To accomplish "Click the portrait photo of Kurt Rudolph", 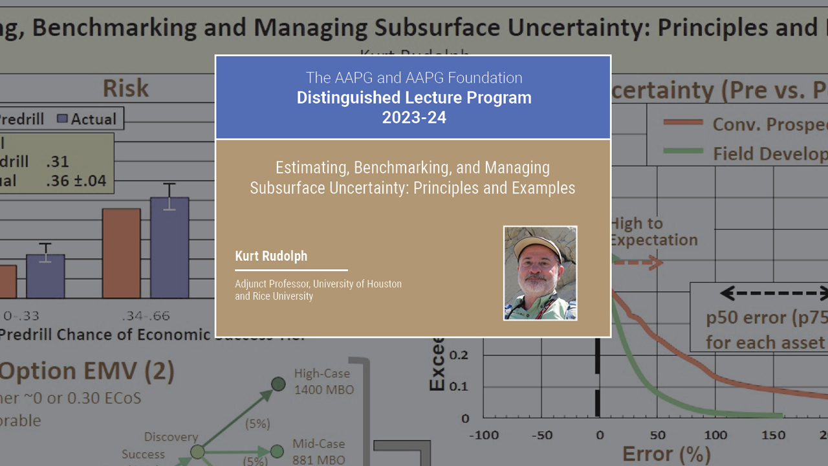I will (x=540, y=273).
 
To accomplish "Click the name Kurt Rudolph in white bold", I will (x=271, y=256).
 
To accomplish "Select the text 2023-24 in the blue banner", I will (x=414, y=117).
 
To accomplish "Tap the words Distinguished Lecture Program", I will (x=414, y=98).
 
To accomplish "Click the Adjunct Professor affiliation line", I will (x=318, y=284).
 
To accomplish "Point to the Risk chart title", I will (x=125, y=88).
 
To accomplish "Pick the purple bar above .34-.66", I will (x=169, y=247).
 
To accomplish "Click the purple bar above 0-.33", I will (x=45, y=276).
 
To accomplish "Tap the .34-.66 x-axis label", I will (x=146, y=316).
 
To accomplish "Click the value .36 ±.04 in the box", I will (x=76, y=181).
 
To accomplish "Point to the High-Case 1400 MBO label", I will (x=321, y=381).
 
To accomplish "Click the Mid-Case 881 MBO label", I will (x=318, y=452).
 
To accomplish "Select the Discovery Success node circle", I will (x=197, y=452).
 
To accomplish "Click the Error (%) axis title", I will (x=666, y=454).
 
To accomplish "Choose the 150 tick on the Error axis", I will (x=774, y=435).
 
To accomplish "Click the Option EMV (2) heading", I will (x=87, y=372).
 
